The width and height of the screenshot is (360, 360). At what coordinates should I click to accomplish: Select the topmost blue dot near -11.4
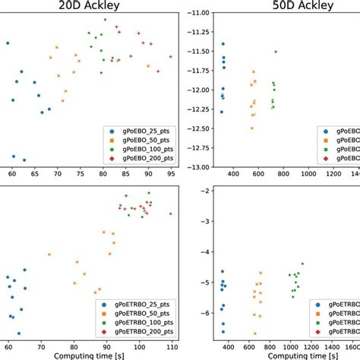[223, 44]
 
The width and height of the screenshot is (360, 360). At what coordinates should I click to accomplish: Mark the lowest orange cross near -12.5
[252, 128]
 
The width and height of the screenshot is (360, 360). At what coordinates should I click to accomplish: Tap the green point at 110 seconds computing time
[171, 213]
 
